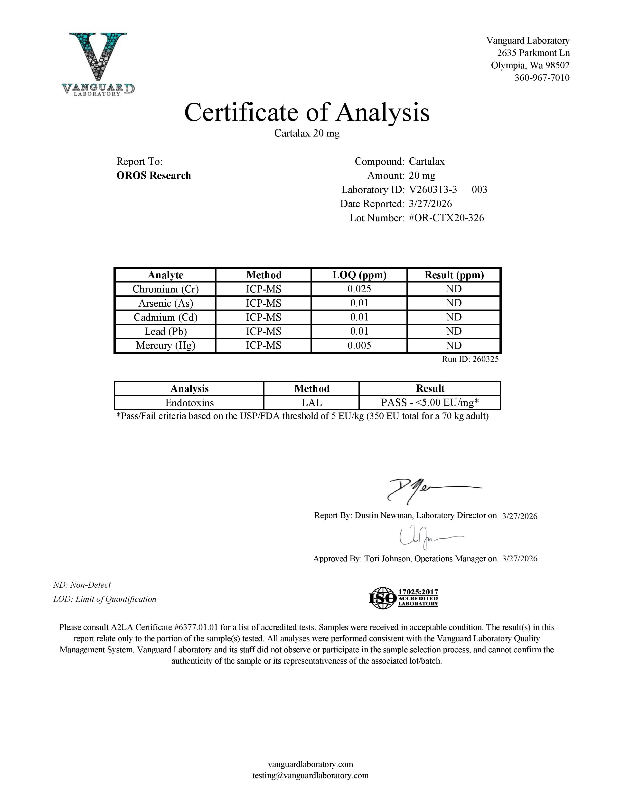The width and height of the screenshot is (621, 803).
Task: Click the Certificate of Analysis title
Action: click(x=307, y=112)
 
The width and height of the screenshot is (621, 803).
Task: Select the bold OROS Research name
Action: click(x=154, y=175)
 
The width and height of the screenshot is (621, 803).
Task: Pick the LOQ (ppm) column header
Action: click(x=359, y=275)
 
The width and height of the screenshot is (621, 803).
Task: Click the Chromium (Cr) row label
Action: click(x=166, y=289)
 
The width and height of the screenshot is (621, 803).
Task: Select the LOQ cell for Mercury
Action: click(x=359, y=345)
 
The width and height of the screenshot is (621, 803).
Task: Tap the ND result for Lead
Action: click(x=454, y=331)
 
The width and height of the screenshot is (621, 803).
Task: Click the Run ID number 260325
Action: click(x=485, y=359)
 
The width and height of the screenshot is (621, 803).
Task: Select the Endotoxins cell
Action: click(x=189, y=403)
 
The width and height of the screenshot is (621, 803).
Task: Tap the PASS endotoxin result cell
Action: click(x=430, y=403)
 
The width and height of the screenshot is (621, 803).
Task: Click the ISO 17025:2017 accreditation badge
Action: click(x=403, y=597)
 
